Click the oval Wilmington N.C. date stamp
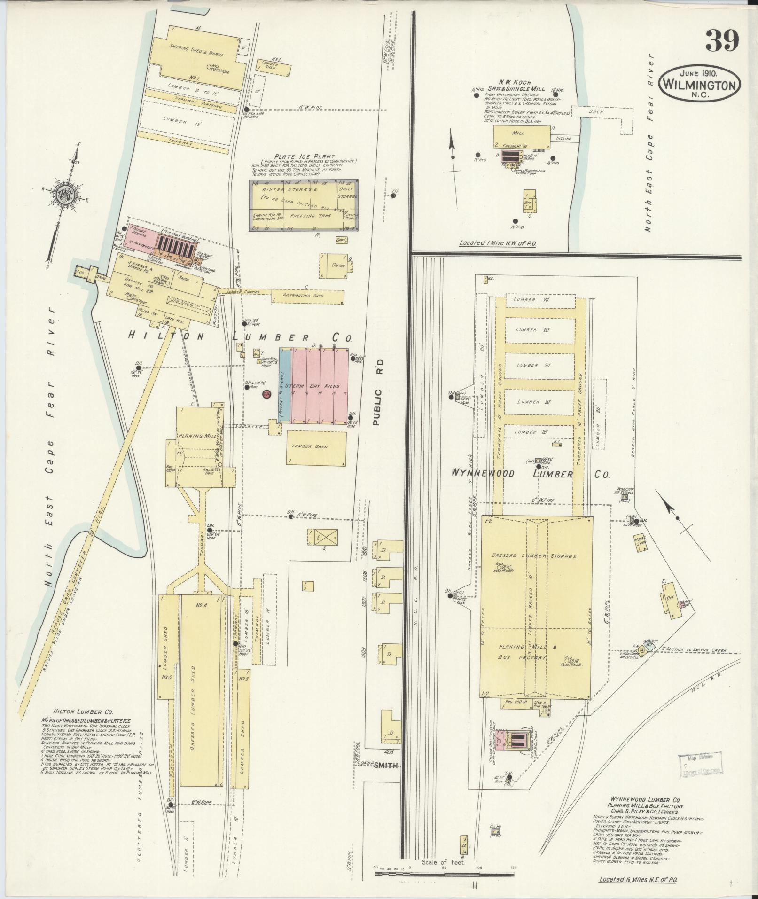click(700, 83)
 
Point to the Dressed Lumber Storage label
click(533, 556)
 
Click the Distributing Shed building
click(308, 296)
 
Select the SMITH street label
click(386, 765)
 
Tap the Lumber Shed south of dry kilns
click(316, 446)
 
